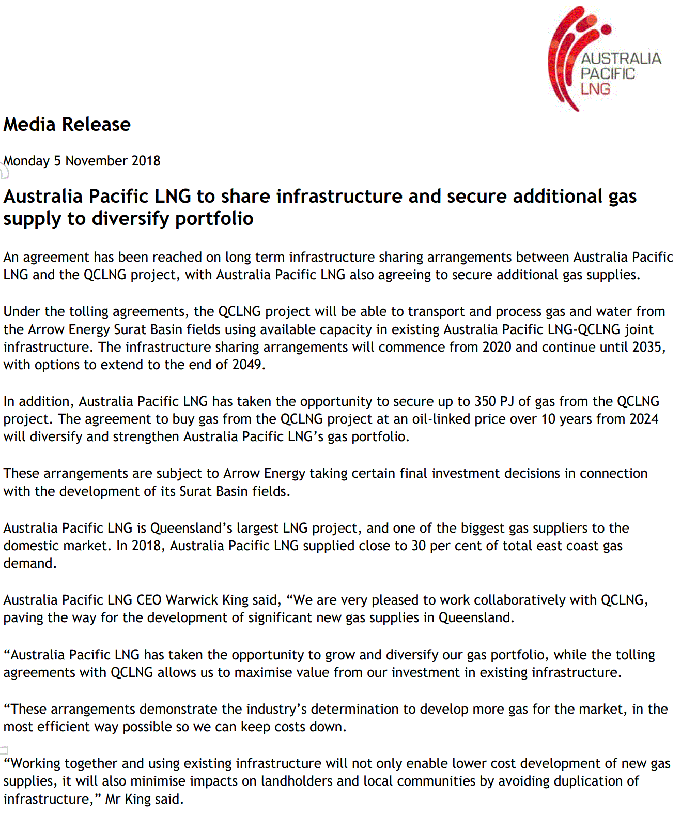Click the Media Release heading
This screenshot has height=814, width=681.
point(67,125)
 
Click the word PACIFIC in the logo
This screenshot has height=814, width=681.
point(608,74)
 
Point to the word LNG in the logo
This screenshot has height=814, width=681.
point(595,89)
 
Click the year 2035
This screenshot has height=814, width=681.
point(647,347)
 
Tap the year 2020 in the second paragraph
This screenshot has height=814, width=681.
point(497,347)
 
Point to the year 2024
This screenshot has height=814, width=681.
point(644,419)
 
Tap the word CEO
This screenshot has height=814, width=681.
point(149,600)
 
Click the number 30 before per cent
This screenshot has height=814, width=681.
point(419,546)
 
